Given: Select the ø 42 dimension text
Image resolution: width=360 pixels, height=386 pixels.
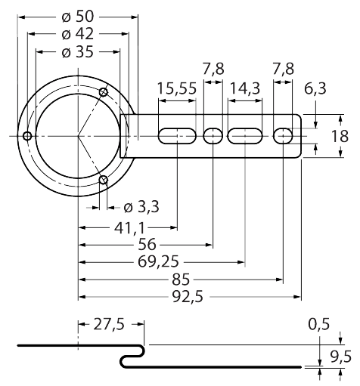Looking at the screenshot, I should (x=79, y=34).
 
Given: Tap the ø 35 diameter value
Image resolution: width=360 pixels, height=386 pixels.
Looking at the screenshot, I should (x=78, y=52).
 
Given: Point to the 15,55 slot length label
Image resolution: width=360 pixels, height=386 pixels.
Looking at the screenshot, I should (x=177, y=89).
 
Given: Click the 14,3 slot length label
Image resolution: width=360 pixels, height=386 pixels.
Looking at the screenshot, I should (x=244, y=89).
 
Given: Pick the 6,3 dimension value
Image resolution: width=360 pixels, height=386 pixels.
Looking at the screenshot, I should (x=316, y=89).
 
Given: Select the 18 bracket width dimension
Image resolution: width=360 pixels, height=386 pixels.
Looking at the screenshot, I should (x=340, y=137).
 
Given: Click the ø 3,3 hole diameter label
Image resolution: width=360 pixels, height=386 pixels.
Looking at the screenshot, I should (x=137, y=205).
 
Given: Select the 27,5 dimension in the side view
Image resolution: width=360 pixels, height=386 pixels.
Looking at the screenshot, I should (x=109, y=326).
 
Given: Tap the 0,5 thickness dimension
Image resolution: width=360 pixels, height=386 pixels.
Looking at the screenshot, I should (x=318, y=326).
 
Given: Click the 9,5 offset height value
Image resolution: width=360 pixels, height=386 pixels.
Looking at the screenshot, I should (x=340, y=356).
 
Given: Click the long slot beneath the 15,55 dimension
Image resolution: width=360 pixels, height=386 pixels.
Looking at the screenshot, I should (x=177, y=136).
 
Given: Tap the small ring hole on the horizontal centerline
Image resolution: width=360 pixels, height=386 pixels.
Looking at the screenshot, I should (x=26, y=136).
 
